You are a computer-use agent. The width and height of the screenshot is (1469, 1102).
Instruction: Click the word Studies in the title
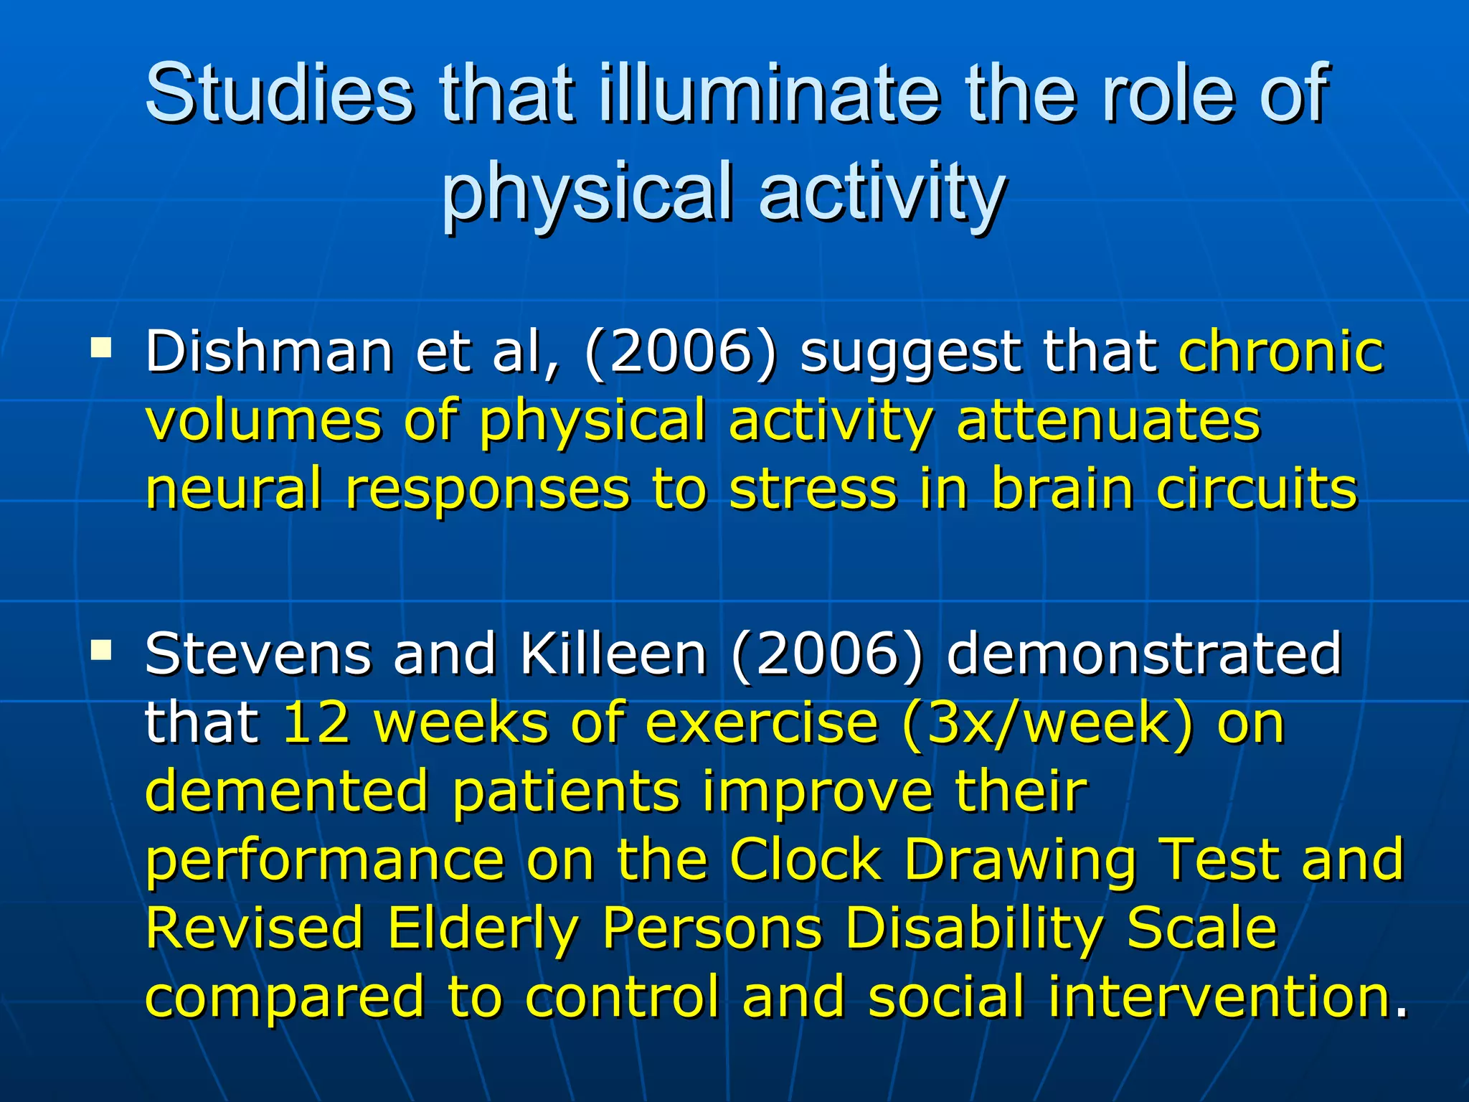279,93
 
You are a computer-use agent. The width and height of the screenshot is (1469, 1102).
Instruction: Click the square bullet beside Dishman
101,349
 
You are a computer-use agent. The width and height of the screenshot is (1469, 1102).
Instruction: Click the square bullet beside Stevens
101,651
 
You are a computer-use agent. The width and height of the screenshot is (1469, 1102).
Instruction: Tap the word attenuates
1108,420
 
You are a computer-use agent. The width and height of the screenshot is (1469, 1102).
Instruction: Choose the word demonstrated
1143,654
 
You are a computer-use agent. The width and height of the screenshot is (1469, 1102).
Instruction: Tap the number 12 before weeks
316,722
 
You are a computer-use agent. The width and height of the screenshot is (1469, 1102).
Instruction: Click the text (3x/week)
1048,722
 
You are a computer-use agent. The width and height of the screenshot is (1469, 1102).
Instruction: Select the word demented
287,791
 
